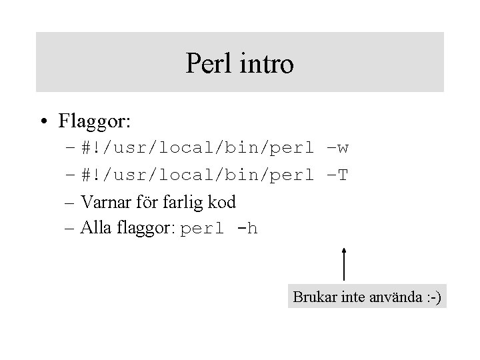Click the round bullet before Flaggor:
[x=43, y=122]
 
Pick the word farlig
[x=182, y=202]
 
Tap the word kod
[x=221, y=201]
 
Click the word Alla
[x=94, y=229]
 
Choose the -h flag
[x=247, y=229]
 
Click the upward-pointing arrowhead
[x=343, y=251]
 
